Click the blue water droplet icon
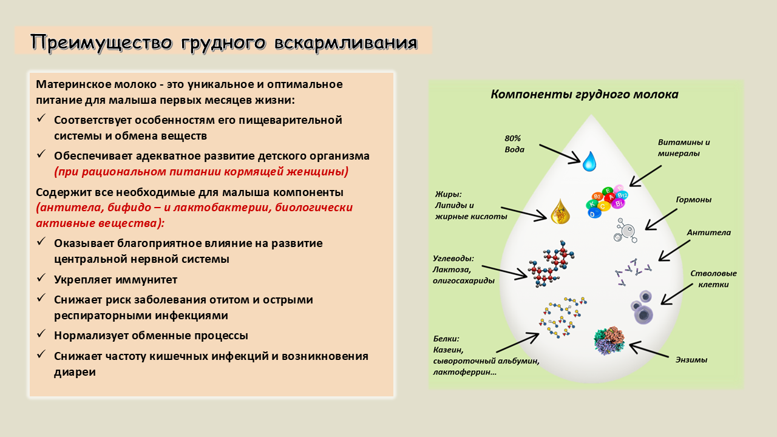pos(589,161)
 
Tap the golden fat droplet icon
pos(560,212)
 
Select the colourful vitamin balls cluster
pos(607,201)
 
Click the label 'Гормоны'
pos(693,200)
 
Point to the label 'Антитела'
pos(708,232)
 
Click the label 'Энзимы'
pos(691,360)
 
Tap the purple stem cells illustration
pos(642,308)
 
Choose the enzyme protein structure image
pos(609,340)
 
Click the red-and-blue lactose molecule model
pos(551,264)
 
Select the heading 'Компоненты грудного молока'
pos(584,94)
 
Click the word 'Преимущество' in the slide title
pos(101,42)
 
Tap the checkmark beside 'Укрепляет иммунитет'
pos(41,278)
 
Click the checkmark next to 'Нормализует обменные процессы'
pos(41,334)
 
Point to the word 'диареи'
pos(75,372)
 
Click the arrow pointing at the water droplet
pos(560,154)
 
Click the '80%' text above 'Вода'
pos(513,138)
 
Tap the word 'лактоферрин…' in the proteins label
pos(464,372)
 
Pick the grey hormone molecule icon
pos(625,231)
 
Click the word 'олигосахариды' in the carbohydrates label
pos(463,280)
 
